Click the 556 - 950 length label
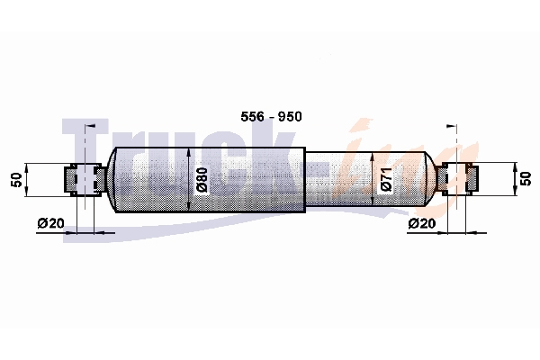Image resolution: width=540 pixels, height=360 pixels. tap(272, 117)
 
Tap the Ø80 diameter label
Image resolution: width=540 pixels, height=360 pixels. tap(202, 179)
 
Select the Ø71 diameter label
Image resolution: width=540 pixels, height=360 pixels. tap(386, 179)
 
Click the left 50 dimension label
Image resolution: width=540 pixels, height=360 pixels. tap(16, 180)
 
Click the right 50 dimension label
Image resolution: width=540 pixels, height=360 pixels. tap(526, 179)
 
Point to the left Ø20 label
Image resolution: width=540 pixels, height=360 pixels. tap(51, 223)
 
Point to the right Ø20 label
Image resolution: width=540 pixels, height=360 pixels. tap(422, 223)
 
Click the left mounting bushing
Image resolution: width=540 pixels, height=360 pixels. tap(85, 179)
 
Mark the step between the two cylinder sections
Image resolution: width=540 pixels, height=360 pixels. tap(305, 180)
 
